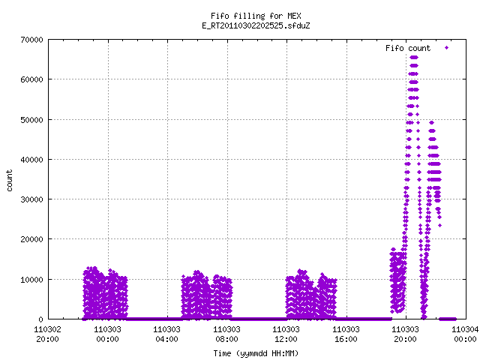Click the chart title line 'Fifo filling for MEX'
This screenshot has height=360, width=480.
click(x=256, y=16)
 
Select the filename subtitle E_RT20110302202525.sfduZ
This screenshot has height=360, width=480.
click(x=256, y=25)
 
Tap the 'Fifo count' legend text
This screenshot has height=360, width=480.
click(x=408, y=48)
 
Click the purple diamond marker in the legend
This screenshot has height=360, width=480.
click(x=447, y=48)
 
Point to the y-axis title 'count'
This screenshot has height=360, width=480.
click(x=9, y=181)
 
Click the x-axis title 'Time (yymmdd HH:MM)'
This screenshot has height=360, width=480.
click(x=256, y=353)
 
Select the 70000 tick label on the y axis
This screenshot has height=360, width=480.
click(x=31, y=40)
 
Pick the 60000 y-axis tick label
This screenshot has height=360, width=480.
click(x=31, y=79)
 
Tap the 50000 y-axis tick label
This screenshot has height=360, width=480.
click(x=31, y=120)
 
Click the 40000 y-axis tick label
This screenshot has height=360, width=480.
click(x=31, y=160)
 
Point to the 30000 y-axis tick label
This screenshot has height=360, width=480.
click(x=31, y=199)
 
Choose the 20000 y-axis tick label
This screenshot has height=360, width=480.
click(x=31, y=239)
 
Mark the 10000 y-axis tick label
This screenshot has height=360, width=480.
click(x=31, y=280)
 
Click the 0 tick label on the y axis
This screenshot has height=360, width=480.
click(x=40, y=319)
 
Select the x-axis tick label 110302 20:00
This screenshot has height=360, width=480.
click(x=47, y=334)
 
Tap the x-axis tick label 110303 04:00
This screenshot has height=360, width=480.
click(x=166, y=334)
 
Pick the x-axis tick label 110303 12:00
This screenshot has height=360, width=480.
click(x=286, y=334)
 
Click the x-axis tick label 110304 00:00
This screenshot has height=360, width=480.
click(x=465, y=334)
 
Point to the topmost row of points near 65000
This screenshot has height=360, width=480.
click(x=414, y=57)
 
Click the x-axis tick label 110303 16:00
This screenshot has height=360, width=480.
click(x=346, y=334)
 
